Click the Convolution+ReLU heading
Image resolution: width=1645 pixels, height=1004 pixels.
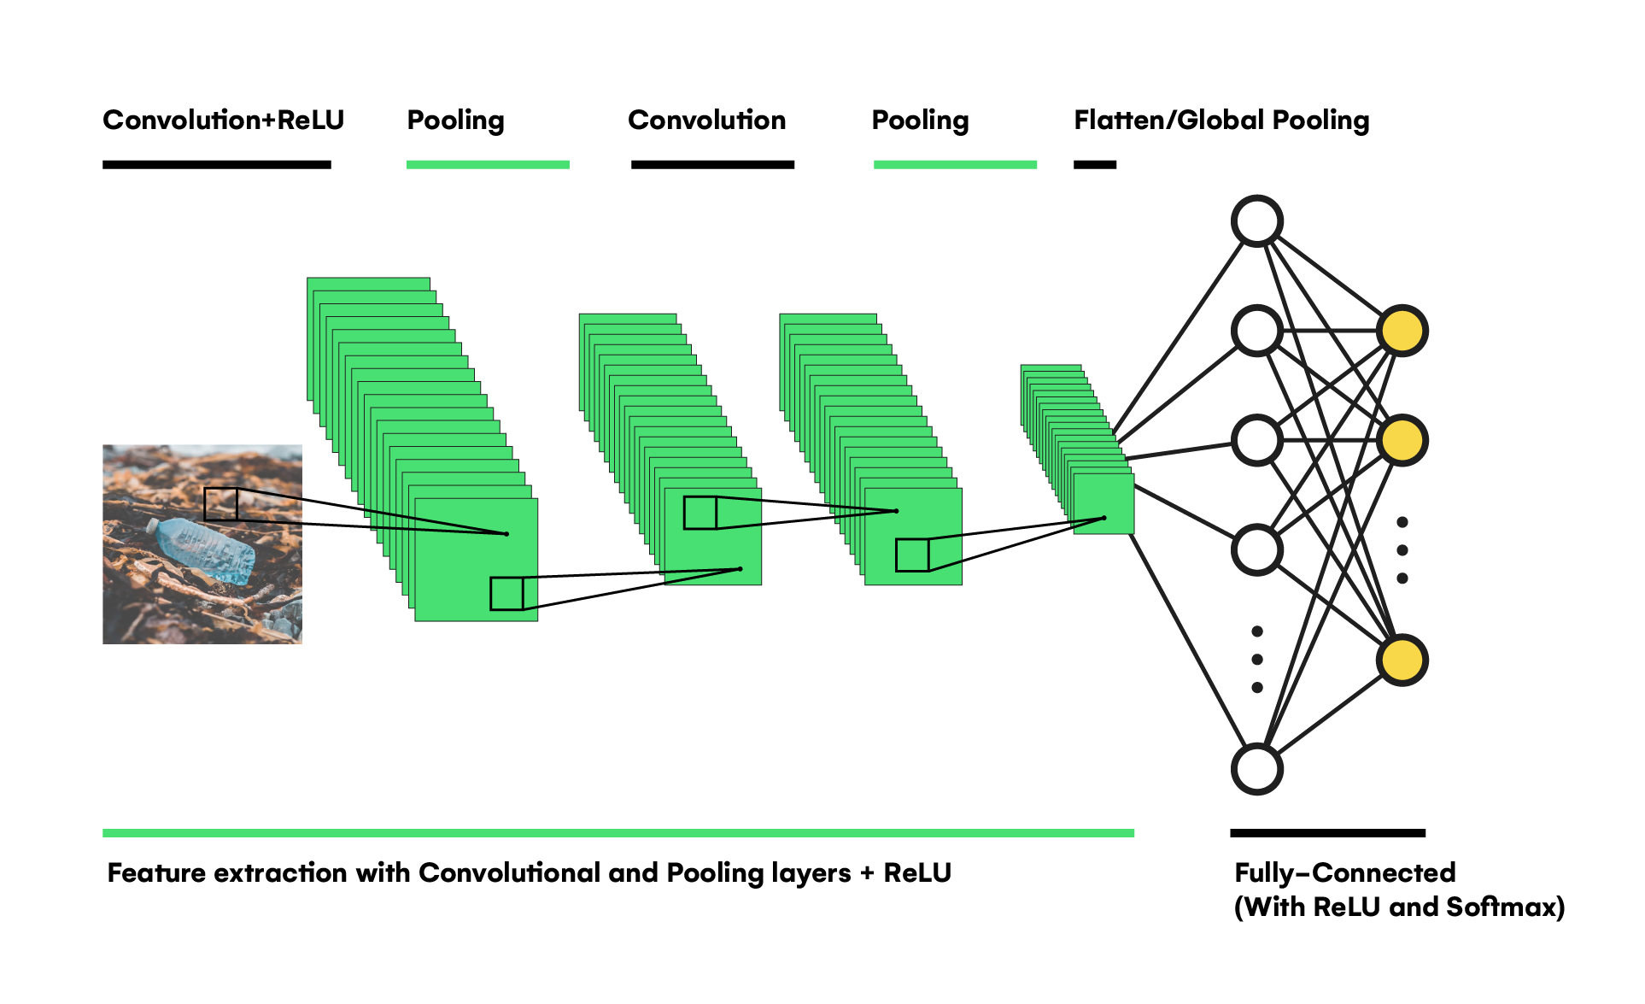(223, 120)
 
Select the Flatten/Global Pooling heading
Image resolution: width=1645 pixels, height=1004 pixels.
(1221, 120)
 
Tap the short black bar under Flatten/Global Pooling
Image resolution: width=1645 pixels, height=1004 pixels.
(1095, 165)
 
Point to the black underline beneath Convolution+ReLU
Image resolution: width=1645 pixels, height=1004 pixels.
(216, 165)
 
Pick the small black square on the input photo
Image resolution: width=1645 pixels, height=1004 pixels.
(220, 504)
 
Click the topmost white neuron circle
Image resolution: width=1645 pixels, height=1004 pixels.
(1256, 221)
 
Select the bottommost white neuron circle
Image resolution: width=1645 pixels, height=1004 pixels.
(1256, 769)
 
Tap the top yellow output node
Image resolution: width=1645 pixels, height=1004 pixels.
(1402, 331)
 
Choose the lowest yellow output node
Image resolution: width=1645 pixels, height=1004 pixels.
(1402, 661)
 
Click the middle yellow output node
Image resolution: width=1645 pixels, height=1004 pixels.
(1402, 440)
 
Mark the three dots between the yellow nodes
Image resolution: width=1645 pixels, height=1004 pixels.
(1402, 550)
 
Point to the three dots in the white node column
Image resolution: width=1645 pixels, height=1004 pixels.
(1256, 660)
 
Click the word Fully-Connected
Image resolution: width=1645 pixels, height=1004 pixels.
(1344, 872)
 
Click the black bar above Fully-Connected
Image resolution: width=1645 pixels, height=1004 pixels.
(1327, 833)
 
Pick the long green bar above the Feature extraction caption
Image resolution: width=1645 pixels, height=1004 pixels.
(618, 833)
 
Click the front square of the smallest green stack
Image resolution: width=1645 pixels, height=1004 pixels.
(1103, 504)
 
